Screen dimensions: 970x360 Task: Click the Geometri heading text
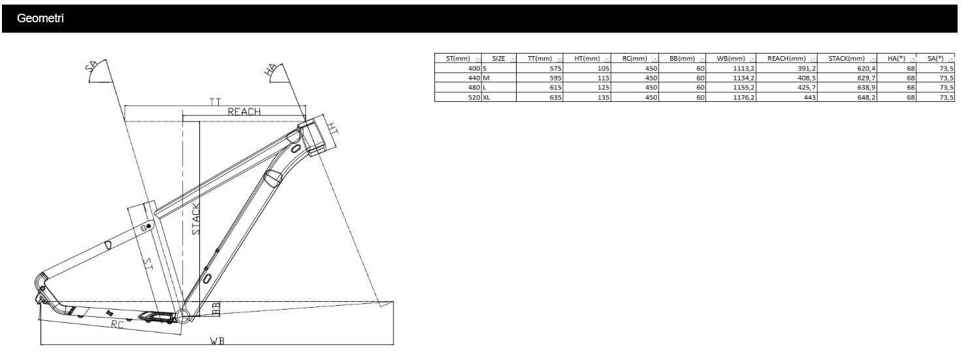click(x=40, y=18)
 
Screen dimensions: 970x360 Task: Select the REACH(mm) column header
click(x=786, y=59)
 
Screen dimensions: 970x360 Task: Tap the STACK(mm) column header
click(x=846, y=59)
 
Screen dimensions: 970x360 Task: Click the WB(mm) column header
click(x=730, y=59)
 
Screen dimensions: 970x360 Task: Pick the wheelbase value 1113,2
click(x=743, y=69)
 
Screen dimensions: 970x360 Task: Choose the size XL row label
click(x=486, y=97)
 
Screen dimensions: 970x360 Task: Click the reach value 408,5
click(x=806, y=78)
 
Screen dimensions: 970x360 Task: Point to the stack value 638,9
click(x=866, y=88)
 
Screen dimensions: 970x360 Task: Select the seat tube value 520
click(x=474, y=97)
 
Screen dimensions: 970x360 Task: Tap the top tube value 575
click(x=556, y=69)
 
